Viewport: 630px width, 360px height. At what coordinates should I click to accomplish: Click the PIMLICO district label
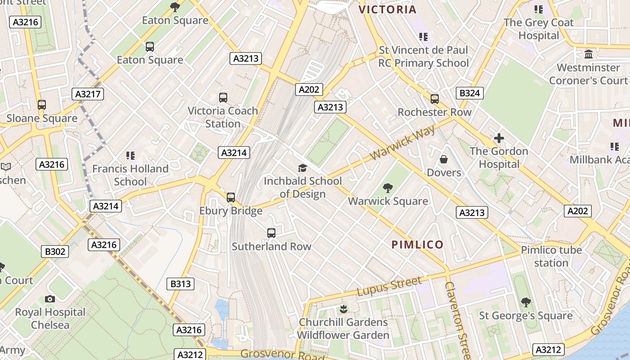[418, 245]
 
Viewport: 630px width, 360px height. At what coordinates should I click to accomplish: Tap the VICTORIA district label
[387, 9]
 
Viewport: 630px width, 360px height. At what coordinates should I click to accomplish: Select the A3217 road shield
[88, 94]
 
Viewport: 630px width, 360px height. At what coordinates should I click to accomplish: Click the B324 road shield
[470, 93]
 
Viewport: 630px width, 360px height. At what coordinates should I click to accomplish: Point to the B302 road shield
[55, 252]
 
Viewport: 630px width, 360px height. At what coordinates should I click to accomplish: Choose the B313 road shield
[181, 284]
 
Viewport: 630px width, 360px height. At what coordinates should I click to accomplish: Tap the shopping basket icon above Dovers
[444, 159]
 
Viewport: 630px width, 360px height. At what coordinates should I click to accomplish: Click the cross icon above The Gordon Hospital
[499, 138]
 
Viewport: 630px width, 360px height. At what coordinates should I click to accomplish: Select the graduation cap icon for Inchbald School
[303, 168]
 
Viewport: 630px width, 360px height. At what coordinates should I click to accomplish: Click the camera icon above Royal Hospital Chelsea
[50, 299]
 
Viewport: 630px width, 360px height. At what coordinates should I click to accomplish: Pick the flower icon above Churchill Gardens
[343, 309]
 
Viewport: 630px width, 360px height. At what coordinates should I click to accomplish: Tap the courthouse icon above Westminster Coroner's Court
[588, 54]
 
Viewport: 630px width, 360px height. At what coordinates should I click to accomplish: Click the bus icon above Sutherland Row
[271, 233]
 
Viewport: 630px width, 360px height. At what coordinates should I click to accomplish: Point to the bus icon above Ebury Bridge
[231, 197]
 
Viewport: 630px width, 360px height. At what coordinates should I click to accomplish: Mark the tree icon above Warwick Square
[387, 188]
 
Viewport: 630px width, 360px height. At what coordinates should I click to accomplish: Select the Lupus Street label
[389, 287]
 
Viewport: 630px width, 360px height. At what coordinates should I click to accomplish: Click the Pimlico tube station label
[551, 256]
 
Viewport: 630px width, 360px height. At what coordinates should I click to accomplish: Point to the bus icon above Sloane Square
[42, 105]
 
